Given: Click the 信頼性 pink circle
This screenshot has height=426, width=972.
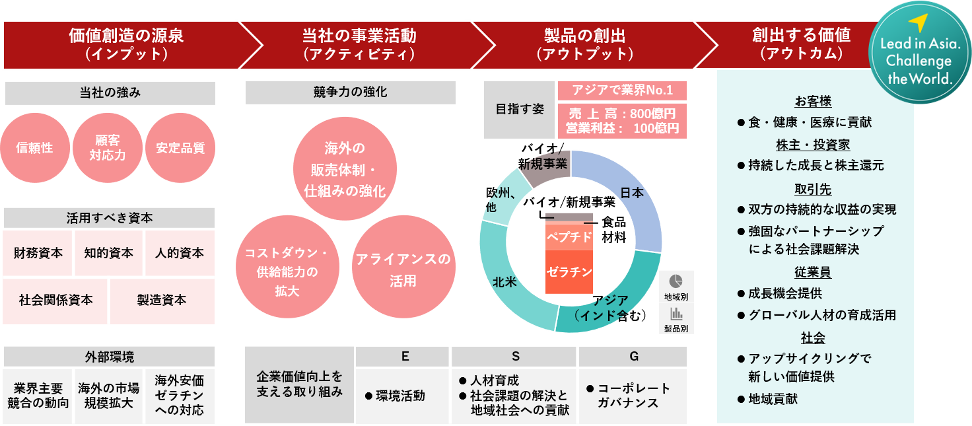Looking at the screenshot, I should click(x=34, y=148).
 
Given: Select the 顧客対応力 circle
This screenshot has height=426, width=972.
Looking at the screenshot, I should click(x=107, y=148).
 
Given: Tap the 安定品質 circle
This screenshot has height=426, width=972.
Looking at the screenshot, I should click(x=180, y=148).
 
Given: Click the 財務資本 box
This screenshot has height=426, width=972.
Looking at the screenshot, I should click(x=38, y=253).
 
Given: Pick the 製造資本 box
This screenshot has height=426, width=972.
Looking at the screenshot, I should click(x=162, y=300).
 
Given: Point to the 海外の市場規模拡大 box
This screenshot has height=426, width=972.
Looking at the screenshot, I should click(x=108, y=395).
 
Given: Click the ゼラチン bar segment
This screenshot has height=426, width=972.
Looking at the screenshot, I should click(x=569, y=271).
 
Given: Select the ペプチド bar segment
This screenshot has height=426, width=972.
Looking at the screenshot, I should click(x=569, y=237).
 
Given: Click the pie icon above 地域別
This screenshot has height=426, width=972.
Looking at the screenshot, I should click(x=676, y=281).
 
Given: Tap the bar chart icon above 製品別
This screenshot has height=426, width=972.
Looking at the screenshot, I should click(x=676, y=314).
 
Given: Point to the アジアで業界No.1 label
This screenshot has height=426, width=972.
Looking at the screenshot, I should click(x=622, y=90).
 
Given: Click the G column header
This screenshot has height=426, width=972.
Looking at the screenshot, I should click(x=633, y=357).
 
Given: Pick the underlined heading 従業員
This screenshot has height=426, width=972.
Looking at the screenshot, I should click(x=813, y=272).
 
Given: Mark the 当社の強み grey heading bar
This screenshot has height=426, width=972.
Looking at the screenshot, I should click(x=110, y=93).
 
